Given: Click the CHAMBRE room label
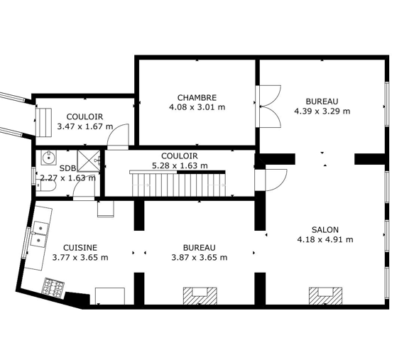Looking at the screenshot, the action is (197, 98).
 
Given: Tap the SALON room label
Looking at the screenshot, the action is (325, 229).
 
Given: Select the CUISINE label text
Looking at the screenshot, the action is (80, 248).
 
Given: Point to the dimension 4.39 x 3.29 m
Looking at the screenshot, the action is (322, 111).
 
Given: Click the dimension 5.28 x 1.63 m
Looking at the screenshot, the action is (180, 165).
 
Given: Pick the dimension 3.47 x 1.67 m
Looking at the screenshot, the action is (85, 126).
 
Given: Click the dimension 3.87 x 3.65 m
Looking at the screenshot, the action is (200, 257).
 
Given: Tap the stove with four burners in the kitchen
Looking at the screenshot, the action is (53, 288).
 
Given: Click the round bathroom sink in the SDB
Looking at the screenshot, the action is (48, 158).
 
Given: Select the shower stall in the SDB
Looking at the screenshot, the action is (89, 161).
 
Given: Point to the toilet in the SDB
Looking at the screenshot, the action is (45, 185).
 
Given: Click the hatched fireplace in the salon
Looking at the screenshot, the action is (325, 295).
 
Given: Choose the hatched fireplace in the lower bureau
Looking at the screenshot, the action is (200, 295).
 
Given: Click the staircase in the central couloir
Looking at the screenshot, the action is (178, 184).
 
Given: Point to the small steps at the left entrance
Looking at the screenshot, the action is (43, 122).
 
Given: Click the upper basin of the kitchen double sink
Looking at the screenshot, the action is (40, 227).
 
